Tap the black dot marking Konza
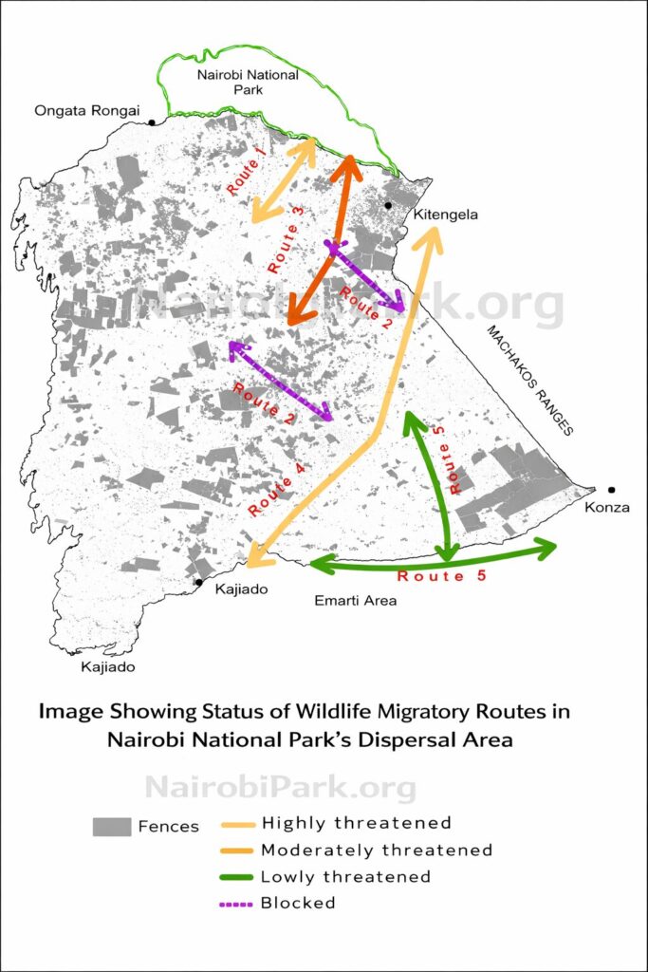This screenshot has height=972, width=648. pyautogui.click(x=612, y=490)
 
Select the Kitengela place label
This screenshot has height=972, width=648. pyautogui.click(x=445, y=215)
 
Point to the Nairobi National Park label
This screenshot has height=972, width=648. pyautogui.click(x=247, y=82)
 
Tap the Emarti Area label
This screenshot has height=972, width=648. pyautogui.click(x=355, y=601)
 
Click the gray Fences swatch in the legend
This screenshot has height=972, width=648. pyautogui.click(x=111, y=826)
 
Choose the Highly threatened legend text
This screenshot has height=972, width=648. pyautogui.click(x=356, y=823)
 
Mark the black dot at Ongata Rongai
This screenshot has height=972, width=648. pyautogui.click(x=151, y=121)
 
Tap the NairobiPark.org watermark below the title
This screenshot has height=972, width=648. pyautogui.click(x=280, y=787)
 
